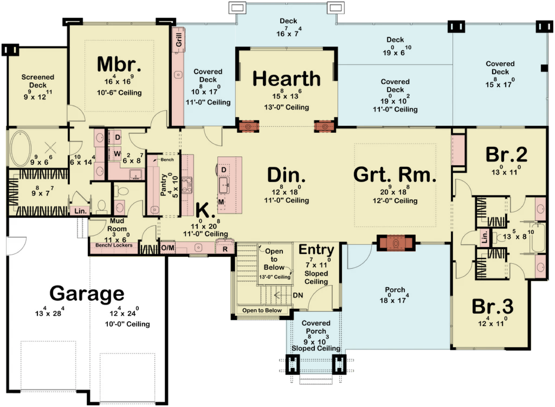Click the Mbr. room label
119,64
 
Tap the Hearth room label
287,78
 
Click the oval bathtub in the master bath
20,148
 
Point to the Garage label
87,294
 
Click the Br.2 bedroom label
506,155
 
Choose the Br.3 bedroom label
493,306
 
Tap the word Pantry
163,185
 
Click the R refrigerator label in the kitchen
225,249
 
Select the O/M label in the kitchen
168,248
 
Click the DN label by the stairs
298,295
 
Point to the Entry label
316,250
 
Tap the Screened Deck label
38,81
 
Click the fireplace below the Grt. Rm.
396,243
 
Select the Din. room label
286,175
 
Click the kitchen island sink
224,185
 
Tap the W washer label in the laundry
117,154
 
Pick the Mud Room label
117,225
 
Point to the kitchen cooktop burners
187,185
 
